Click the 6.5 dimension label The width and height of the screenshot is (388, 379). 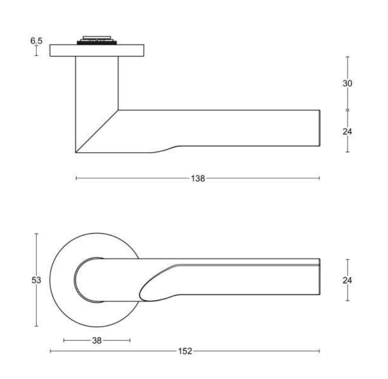(x=36, y=41)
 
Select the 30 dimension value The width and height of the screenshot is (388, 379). (x=347, y=84)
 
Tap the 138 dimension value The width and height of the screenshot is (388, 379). (x=197, y=178)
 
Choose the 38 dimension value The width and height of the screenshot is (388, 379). (x=97, y=341)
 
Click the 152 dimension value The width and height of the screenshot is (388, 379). (x=185, y=351)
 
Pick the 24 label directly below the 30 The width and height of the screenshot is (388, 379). (x=347, y=132)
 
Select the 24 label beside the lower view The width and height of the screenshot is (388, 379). (x=347, y=280)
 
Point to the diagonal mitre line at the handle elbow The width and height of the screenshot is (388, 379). (x=97, y=131)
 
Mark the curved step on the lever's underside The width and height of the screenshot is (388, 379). (x=166, y=149)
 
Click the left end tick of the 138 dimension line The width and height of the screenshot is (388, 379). (x=76, y=178)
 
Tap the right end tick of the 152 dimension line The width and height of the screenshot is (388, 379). (x=319, y=351)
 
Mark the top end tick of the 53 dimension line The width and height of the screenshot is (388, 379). (x=36, y=234)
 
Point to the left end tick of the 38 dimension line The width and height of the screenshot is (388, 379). (x=64, y=341)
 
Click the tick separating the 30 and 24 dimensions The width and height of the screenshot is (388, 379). (x=347, y=110)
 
